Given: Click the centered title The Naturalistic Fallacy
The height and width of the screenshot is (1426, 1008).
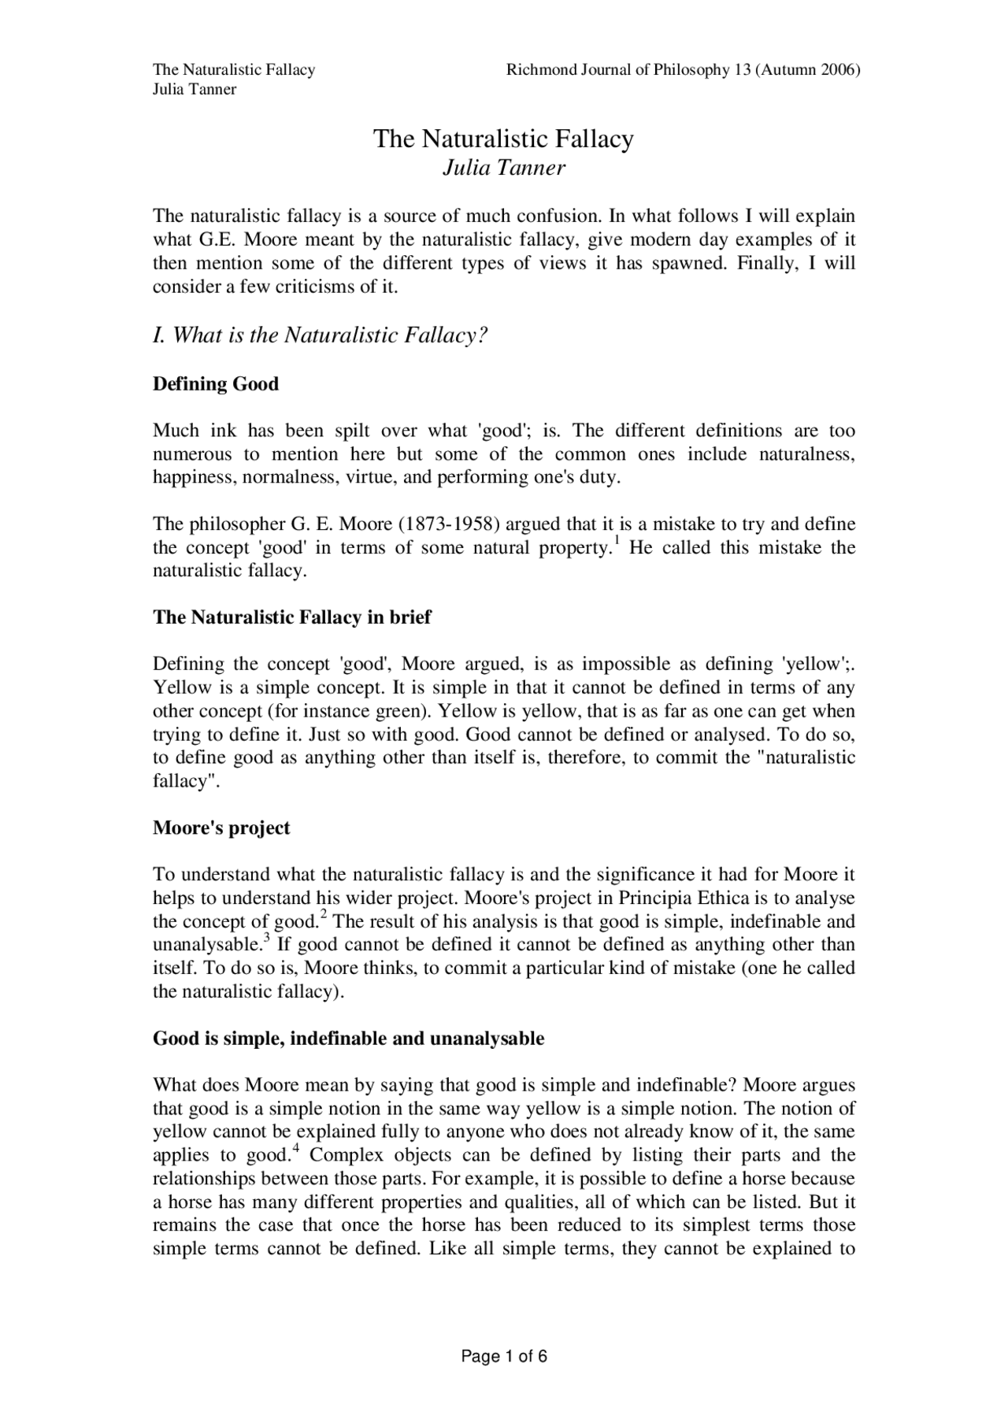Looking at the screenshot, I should click(x=503, y=139).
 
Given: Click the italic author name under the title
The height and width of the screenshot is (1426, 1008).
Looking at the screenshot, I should click(x=503, y=168).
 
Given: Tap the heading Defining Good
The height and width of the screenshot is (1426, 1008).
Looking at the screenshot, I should click(x=216, y=384).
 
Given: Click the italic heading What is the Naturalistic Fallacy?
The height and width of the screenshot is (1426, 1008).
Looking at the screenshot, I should click(x=321, y=336).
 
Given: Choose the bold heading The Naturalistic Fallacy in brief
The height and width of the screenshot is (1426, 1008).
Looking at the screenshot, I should click(x=291, y=617).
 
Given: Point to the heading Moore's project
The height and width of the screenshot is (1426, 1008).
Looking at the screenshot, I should click(x=221, y=828).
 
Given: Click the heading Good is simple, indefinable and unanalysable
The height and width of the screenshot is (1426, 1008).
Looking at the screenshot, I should click(x=348, y=1039).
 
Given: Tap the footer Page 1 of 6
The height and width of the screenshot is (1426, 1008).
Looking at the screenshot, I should click(x=503, y=1357).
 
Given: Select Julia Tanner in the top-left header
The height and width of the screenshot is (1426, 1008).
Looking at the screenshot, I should click(x=194, y=89).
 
